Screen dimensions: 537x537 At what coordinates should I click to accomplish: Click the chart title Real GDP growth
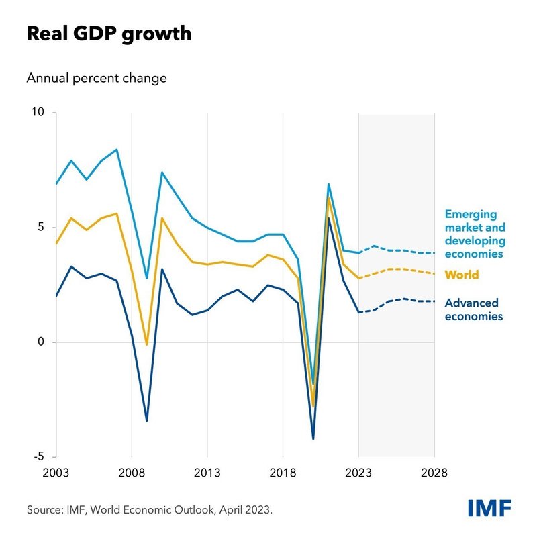[x=109, y=34]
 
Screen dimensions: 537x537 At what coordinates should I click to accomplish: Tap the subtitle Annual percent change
[x=97, y=78]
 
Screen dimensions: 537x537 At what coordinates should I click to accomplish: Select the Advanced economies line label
[x=473, y=309]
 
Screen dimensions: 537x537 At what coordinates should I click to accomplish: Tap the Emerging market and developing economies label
[x=475, y=234]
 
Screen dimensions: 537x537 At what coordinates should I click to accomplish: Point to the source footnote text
[x=150, y=510]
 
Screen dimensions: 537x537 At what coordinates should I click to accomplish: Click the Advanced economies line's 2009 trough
[x=146, y=421]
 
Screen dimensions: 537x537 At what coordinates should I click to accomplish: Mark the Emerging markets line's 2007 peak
[x=117, y=150]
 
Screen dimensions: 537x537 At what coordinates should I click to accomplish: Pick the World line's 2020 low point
[x=313, y=407]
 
